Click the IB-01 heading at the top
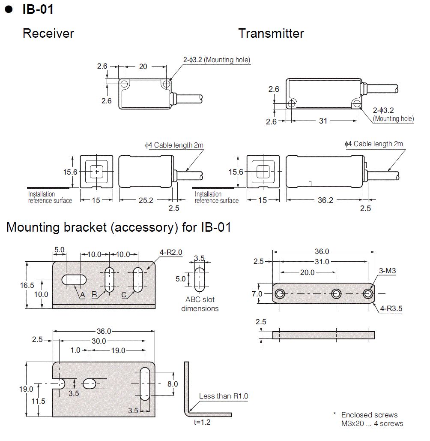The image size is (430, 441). (38, 9)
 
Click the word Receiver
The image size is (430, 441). (48, 33)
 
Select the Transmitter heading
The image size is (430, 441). (271, 33)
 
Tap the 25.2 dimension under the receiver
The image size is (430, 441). (146, 200)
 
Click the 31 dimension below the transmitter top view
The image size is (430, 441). (323, 121)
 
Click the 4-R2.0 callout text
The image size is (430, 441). (171, 253)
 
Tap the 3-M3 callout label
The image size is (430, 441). (388, 271)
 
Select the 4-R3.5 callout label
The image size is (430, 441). (390, 308)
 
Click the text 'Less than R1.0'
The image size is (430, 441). (224, 396)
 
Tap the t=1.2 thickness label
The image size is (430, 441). (202, 422)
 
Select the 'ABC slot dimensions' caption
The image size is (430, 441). (200, 304)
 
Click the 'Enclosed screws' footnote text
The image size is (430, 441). (369, 415)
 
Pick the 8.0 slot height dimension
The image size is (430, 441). (172, 384)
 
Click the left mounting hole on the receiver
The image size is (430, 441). (124, 83)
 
